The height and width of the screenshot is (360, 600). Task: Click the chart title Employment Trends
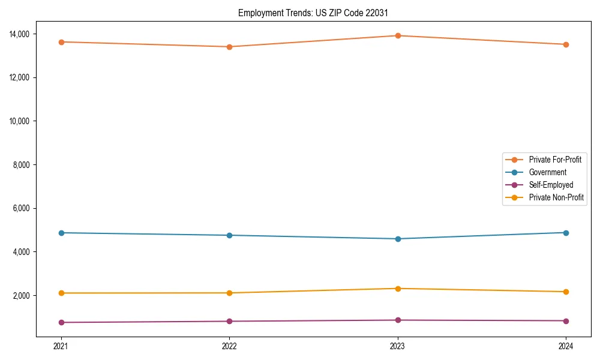(x=313, y=13)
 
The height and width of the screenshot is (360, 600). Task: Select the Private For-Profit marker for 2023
(x=398, y=35)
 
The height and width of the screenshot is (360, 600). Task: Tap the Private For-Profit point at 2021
(x=61, y=42)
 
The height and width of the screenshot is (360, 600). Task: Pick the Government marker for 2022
(x=229, y=235)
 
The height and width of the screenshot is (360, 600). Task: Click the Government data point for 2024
(x=566, y=233)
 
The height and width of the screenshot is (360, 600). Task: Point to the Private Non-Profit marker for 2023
(x=398, y=289)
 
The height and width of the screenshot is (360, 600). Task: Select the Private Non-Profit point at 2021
(x=61, y=293)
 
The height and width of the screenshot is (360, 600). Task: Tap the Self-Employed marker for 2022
(x=229, y=321)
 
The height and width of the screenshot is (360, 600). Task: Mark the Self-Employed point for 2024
(x=566, y=320)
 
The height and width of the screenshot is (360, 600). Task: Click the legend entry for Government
(x=547, y=172)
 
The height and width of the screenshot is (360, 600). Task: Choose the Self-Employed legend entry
(x=551, y=185)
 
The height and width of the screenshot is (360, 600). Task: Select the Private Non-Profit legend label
(x=556, y=197)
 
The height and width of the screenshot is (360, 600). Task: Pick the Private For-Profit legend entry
(x=554, y=160)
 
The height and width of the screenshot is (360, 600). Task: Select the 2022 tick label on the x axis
(x=229, y=346)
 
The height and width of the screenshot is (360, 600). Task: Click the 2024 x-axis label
(x=566, y=346)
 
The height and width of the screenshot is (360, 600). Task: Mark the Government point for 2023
(x=398, y=239)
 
